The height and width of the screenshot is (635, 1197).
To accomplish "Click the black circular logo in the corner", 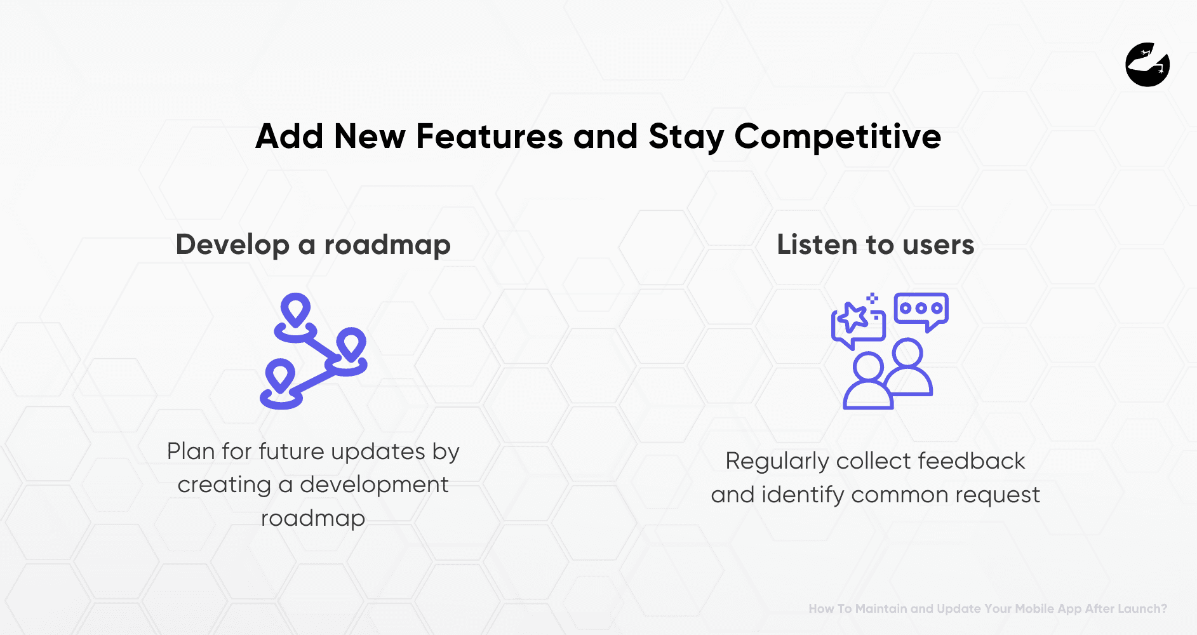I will click(1147, 65).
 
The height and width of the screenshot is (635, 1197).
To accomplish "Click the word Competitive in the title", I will click(837, 137).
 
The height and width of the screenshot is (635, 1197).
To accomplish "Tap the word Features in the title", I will click(489, 137).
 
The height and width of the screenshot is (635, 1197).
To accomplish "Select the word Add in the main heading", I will click(289, 137).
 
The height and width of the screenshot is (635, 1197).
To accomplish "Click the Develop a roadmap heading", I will click(313, 244).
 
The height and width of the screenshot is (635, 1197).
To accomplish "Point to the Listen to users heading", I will click(875, 244).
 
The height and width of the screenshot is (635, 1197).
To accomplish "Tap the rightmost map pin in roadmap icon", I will click(351, 345).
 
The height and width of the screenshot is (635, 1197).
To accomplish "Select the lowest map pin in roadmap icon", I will click(279, 377).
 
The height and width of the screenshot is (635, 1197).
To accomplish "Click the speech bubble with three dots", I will click(921, 309).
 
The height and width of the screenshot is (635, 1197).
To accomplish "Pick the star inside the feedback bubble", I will click(853, 317).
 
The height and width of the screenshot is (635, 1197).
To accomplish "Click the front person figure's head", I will click(867, 367).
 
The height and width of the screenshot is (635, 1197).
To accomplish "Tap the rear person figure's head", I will click(907, 352).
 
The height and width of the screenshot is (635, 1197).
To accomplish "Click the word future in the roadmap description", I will click(291, 451).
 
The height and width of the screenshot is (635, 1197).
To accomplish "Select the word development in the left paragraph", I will click(374, 485).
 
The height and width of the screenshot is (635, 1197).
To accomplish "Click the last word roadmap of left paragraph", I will click(313, 518).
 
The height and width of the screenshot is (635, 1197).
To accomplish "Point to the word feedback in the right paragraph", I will click(971, 461).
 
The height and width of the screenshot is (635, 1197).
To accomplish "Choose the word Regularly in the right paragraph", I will click(777, 462).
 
